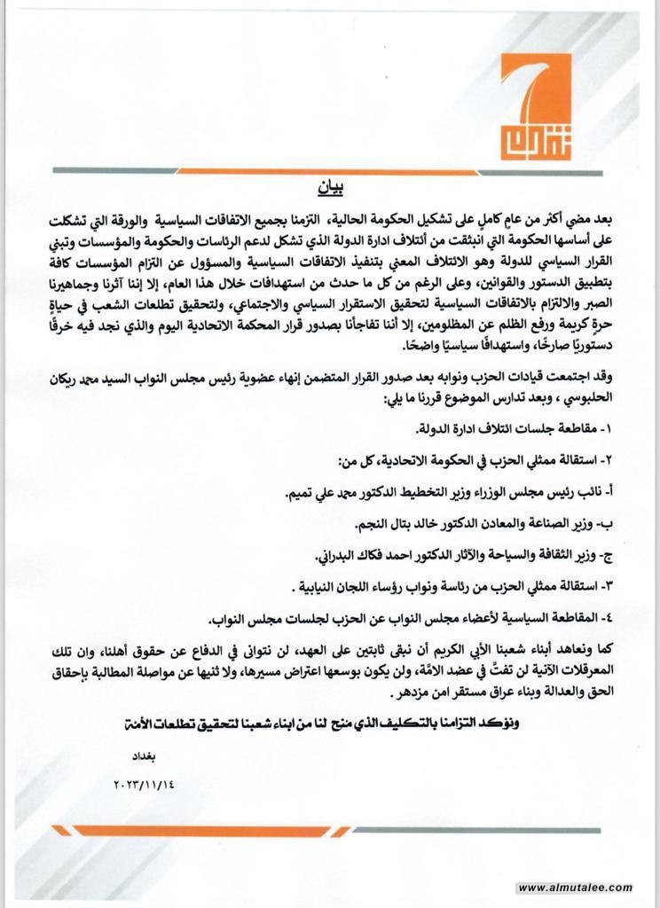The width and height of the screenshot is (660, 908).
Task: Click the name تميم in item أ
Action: point(307,492)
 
